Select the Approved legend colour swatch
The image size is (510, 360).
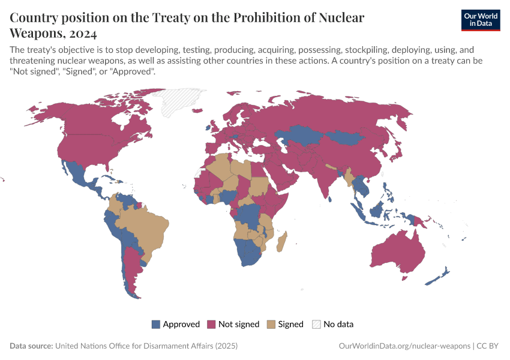[156, 324]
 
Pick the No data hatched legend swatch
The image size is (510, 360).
[316, 324]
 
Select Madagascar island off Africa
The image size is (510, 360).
[281, 243]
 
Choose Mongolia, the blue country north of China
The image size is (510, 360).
[347, 137]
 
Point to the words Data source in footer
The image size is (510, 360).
[31, 346]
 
